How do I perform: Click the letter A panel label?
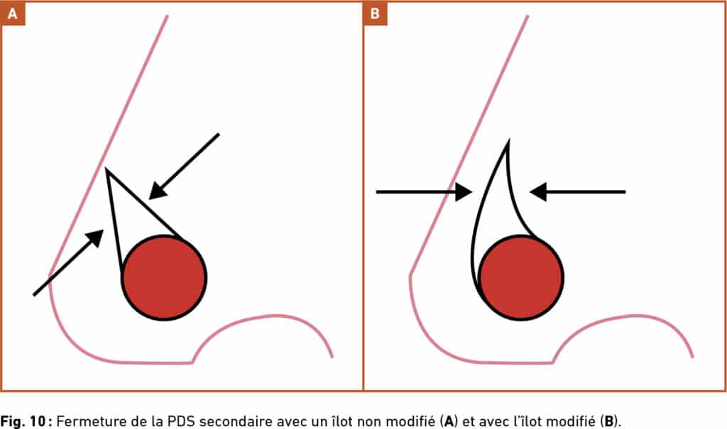(x=13, y=13)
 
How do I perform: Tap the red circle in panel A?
(x=164, y=277)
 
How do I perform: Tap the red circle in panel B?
(x=522, y=277)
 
